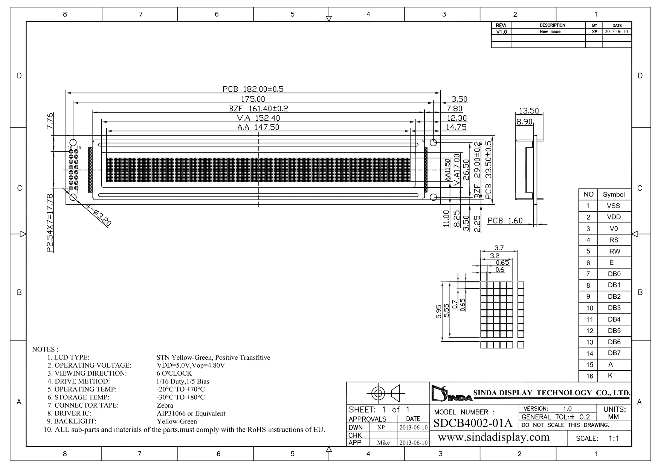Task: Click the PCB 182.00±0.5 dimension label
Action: (x=253, y=89)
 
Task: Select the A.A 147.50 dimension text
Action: (x=258, y=127)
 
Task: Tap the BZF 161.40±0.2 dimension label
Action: (x=258, y=109)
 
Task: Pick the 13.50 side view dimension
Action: (x=529, y=111)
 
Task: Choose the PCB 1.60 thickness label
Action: (x=505, y=221)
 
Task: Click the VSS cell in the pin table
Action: (x=613, y=206)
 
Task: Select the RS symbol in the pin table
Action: (x=614, y=240)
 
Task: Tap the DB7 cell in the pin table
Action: (x=614, y=353)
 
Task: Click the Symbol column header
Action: (x=614, y=195)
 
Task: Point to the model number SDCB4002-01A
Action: (x=473, y=423)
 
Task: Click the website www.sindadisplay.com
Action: (x=494, y=437)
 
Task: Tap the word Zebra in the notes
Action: (x=165, y=405)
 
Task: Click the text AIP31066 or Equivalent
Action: (x=191, y=413)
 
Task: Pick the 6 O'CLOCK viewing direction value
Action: (x=174, y=373)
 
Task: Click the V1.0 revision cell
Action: (x=501, y=32)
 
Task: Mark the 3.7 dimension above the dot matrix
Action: (x=499, y=248)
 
